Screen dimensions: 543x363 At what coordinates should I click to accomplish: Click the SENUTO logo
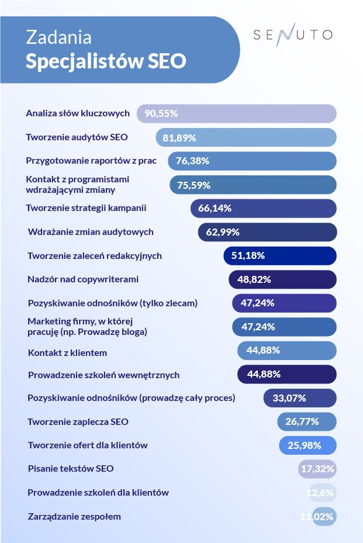(x=293, y=34)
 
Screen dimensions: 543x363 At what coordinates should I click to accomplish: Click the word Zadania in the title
(x=58, y=37)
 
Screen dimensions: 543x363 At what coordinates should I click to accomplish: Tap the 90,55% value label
(x=161, y=113)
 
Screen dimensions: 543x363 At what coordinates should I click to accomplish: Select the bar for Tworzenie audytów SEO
(x=246, y=137)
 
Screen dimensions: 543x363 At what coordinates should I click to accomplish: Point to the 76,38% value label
(x=193, y=161)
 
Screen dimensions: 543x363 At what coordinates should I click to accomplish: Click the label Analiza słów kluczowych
(x=77, y=113)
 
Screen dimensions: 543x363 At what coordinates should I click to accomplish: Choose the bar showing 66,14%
(x=263, y=208)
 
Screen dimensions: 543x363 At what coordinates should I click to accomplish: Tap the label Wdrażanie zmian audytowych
(x=91, y=232)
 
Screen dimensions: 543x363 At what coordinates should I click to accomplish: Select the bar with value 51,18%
(x=279, y=255)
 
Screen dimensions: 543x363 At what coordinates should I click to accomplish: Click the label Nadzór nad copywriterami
(x=83, y=279)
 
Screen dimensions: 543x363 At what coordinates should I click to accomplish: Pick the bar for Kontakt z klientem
(x=286, y=350)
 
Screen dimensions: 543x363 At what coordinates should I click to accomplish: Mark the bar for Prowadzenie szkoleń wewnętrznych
(x=286, y=374)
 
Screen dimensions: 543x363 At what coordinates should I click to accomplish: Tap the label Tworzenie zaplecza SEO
(x=78, y=421)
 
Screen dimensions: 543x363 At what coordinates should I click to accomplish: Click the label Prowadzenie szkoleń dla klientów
(x=98, y=492)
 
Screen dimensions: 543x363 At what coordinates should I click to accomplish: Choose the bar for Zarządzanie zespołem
(x=324, y=517)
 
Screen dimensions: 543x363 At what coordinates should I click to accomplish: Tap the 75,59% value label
(x=193, y=185)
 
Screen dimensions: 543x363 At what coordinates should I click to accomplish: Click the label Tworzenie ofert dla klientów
(x=88, y=445)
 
